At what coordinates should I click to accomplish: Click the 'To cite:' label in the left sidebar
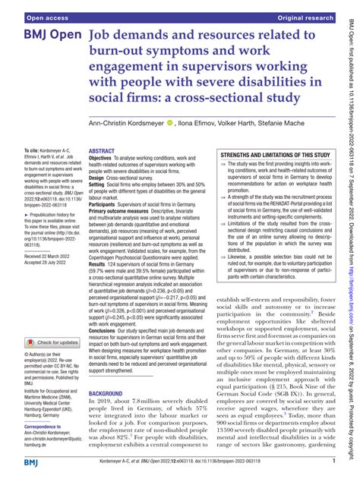coord(33,152)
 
